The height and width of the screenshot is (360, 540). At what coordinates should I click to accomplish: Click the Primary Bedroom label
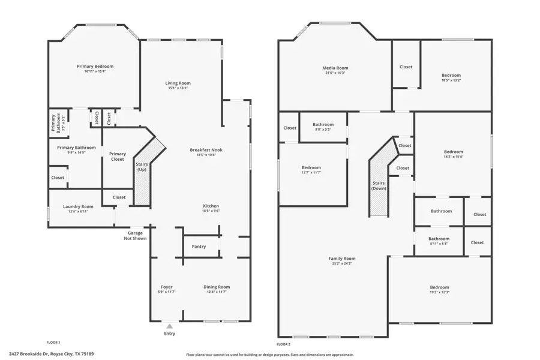coord(95,66)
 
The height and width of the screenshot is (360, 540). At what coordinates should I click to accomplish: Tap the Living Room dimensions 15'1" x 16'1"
coord(178,88)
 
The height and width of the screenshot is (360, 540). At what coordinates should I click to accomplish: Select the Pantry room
coord(199,247)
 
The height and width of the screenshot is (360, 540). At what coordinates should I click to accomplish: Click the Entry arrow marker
coord(170,326)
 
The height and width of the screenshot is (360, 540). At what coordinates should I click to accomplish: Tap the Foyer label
coord(167,287)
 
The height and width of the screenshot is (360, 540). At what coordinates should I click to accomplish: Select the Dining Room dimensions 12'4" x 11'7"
coord(217,292)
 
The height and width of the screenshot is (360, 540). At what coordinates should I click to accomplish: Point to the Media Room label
coord(335,68)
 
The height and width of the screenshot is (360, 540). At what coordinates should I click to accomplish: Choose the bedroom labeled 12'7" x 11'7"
coord(311,172)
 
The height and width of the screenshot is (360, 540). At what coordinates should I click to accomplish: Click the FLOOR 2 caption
coord(283,344)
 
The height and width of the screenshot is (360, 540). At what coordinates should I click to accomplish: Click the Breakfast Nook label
coord(206,150)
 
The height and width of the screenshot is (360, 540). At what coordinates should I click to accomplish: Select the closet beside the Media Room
coord(406,67)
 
